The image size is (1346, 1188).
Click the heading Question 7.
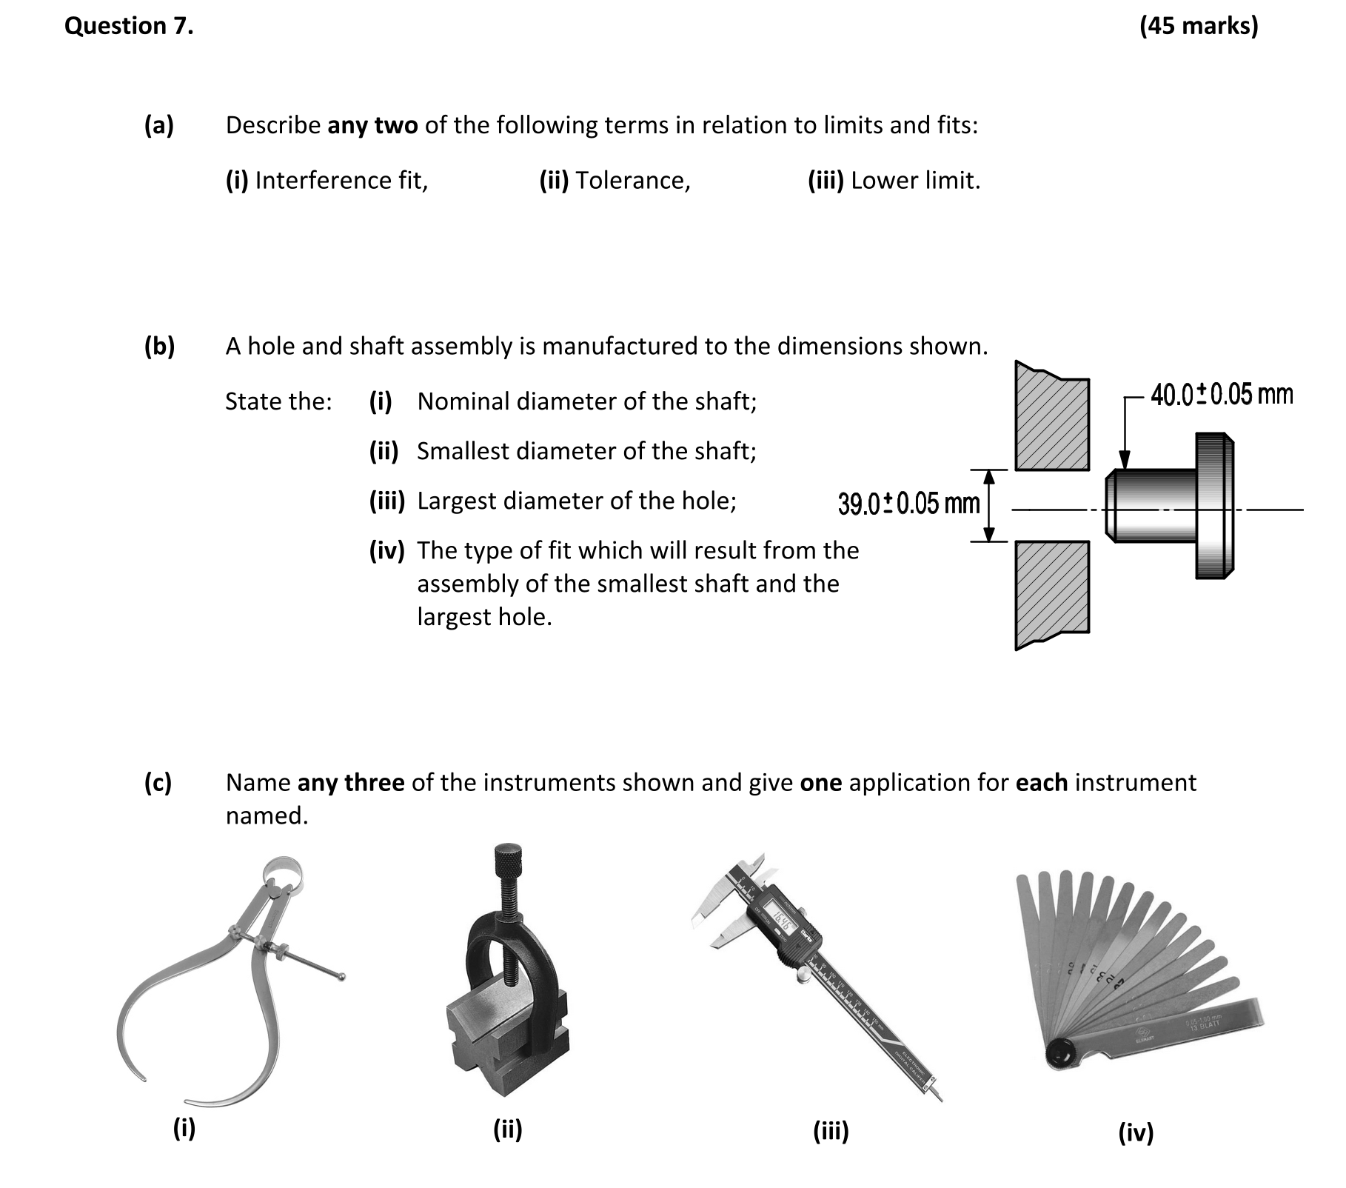pos(129,26)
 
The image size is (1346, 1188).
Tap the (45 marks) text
pos(1198,26)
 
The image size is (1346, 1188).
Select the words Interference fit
pos(341,180)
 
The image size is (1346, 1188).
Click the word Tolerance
pos(632,180)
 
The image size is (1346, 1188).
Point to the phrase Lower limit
pos(915,180)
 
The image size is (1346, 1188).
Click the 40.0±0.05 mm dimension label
pos(1222,394)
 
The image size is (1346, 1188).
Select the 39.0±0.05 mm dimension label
pos(908,504)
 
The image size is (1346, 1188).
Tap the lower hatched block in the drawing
pos(1051,589)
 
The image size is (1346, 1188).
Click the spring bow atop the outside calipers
pos(285,870)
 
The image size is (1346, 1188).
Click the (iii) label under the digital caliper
pos(831,1131)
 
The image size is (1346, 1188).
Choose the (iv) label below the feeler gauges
pos(1136,1132)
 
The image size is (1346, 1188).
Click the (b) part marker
pos(159,346)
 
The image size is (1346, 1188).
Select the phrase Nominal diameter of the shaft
pos(586,401)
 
